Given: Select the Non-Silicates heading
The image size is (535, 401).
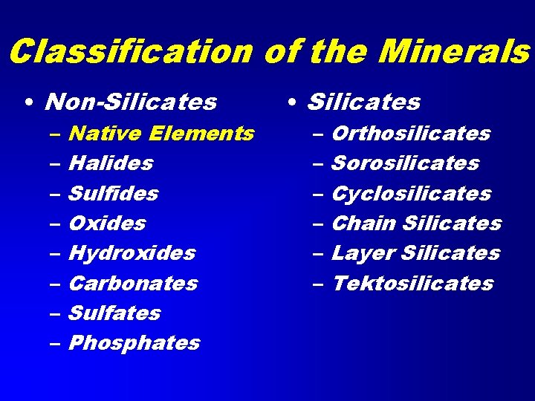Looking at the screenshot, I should click(131, 102).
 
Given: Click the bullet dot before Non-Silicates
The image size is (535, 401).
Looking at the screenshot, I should click(27, 102).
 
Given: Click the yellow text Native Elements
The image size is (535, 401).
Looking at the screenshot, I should click(160, 134).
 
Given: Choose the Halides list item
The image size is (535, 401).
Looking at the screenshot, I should click(111, 163).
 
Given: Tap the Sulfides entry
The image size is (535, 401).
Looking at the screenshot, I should click(113, 194).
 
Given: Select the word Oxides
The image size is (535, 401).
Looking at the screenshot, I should click(107, 224).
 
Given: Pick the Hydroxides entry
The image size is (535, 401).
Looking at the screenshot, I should click(132, 253).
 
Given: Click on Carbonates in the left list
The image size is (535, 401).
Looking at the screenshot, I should click(133, 284).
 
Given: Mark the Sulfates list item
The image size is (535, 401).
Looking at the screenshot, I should click(114, 313).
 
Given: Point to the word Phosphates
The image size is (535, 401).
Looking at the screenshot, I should click(134, 343).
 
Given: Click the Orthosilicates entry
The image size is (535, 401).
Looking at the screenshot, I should click(411, 134).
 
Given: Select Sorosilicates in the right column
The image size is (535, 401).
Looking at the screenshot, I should click(405, 163).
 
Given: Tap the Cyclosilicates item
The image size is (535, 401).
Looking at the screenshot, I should click(411, 194).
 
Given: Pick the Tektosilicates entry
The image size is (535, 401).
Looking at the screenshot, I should click(412, 284).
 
